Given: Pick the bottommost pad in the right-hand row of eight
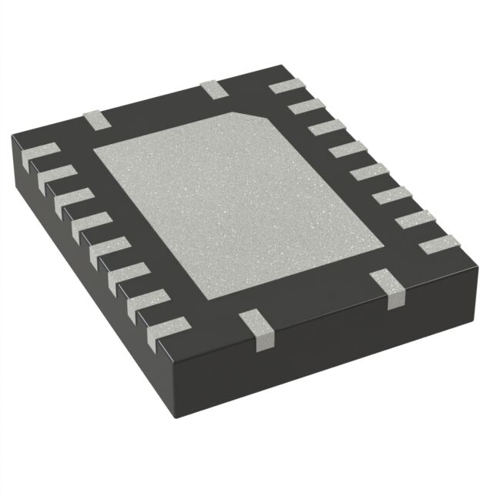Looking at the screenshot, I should tap(438, 246).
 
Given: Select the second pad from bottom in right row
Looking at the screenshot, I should tap(415, 221).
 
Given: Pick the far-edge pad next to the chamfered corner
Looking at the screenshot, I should tap(215, 89).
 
